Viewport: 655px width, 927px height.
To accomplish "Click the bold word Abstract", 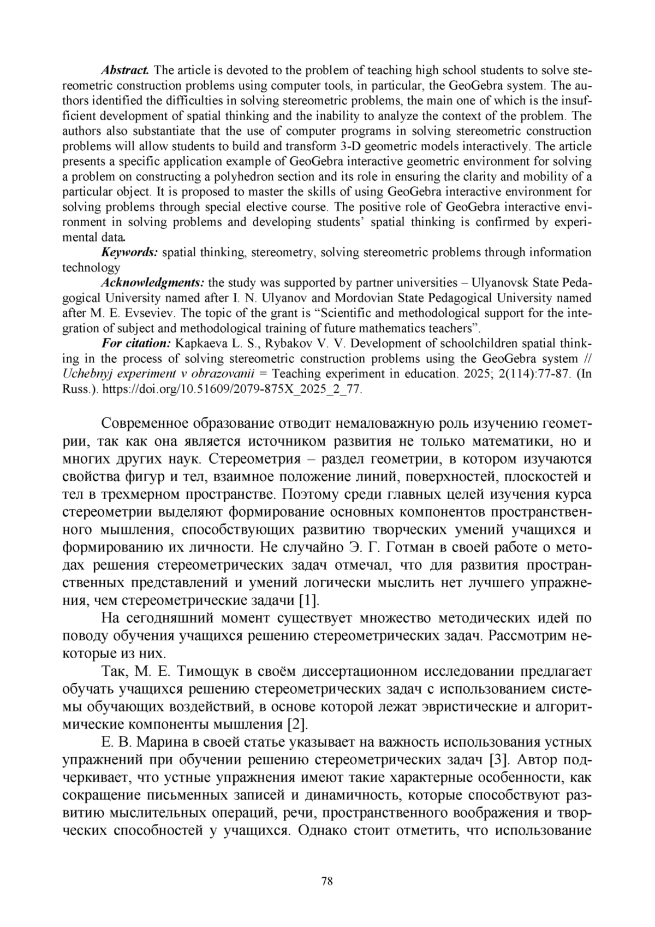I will (x=125, y=70).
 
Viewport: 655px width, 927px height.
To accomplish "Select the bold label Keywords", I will (x=129, y=252).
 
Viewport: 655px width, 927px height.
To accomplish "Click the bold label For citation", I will (x=136, y=344).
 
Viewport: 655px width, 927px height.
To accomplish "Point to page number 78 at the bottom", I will (x=327, y=881).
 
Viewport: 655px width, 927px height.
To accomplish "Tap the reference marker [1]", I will (x=308, y=600).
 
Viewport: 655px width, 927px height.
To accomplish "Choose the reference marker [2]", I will (x=297, y=725).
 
